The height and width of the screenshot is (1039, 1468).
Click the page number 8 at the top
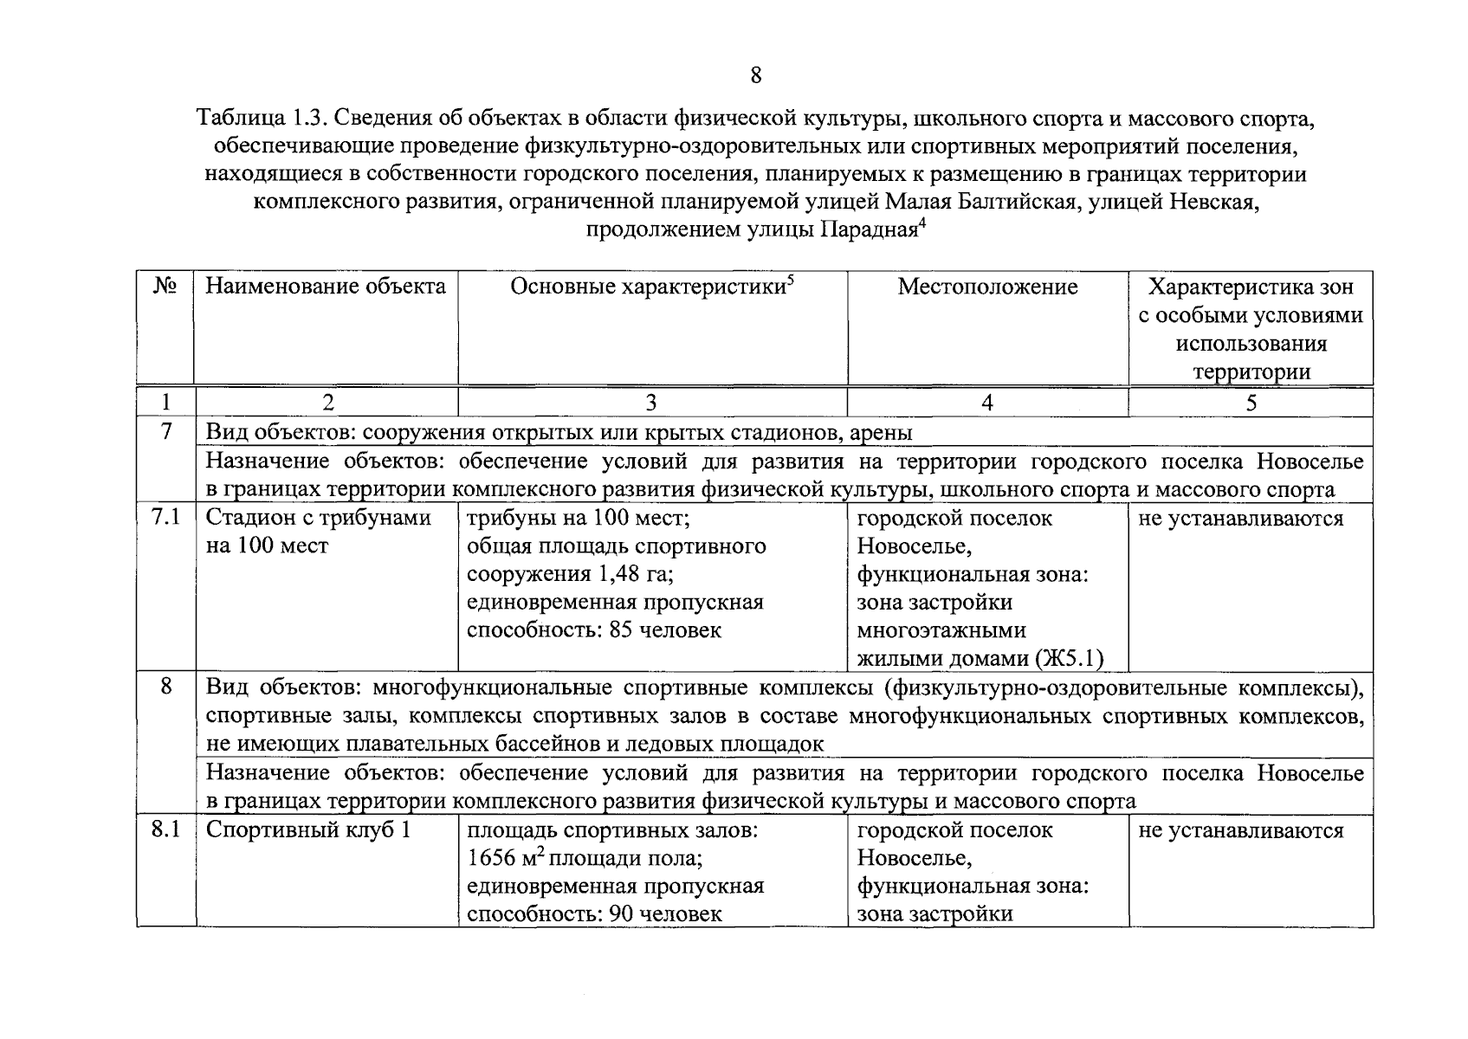[755, 75]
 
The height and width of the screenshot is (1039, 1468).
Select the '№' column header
[165, 287]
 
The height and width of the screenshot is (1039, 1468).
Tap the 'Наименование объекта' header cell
[326, 287]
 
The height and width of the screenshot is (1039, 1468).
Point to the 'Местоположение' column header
[987, 287]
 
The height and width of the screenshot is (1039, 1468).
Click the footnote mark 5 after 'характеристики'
[791, 280]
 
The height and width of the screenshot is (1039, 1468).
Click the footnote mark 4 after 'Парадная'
[922, 224]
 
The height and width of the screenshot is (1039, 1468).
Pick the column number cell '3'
[651, 403]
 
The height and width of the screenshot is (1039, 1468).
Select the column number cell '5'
[1251, 403]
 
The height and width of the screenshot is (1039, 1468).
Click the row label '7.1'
[165, 518]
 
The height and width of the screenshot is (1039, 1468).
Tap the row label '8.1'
[165, 829]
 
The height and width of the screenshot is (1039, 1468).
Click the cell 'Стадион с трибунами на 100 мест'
[318, 532]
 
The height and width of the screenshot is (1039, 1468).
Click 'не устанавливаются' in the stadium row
[1240, 519]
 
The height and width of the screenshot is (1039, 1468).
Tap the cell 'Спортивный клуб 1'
[307, 830]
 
